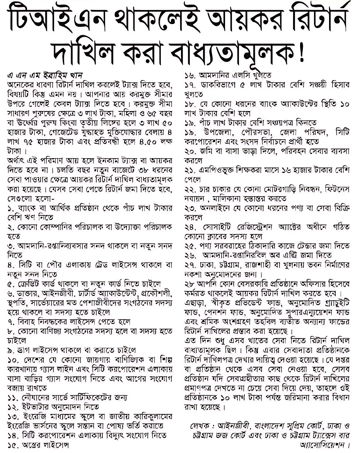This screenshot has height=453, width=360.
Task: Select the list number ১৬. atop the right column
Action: point(191,74)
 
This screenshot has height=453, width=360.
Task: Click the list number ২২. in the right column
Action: point(191,189)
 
